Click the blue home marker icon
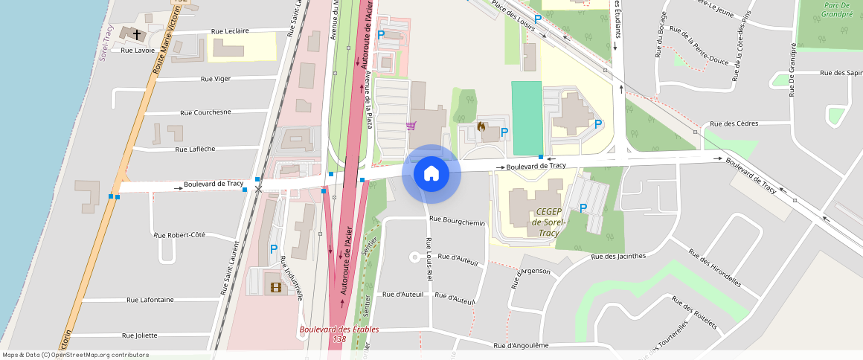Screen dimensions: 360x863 (431, 174)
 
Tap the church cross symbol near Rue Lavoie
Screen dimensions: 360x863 (136, 33)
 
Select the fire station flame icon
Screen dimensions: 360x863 (481, 127)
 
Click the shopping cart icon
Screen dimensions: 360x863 (411, 126)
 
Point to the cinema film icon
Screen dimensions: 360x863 (276, 286)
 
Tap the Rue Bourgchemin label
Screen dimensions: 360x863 (457, 221)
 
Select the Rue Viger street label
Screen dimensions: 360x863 (216, 78)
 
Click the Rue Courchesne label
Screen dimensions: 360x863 (205, 112)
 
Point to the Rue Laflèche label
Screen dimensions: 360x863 (195, 149)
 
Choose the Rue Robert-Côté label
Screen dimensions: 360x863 (179, 235)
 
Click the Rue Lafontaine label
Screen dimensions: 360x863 (150, 300)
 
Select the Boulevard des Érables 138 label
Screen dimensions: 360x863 (339, 334)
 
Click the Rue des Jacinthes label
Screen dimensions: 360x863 (618, 256)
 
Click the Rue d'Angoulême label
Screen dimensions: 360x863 (521, 345)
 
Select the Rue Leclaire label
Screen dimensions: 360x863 (230, 31)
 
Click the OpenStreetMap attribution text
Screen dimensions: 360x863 (76, 355)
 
